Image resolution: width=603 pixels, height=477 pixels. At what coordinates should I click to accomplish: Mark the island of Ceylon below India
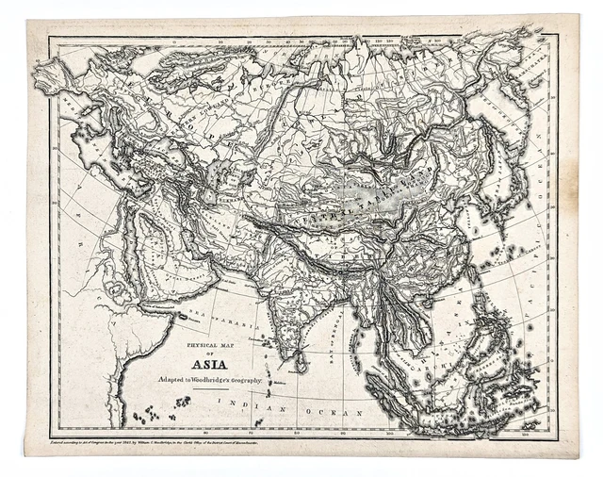point(300,359)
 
